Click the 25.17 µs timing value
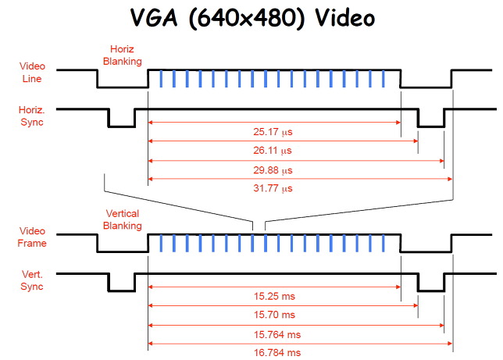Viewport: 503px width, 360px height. click(279, 132)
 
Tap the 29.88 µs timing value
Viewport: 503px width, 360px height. click(279, 170)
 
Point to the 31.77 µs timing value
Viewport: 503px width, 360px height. click(279, 189)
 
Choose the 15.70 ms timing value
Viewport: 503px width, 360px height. click(278, 315)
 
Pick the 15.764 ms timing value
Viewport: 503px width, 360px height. click(278, 334)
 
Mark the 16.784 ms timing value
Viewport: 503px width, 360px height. click(278, 353)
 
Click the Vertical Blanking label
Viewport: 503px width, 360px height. click(123, 220)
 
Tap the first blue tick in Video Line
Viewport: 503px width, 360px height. click(162, 78)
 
